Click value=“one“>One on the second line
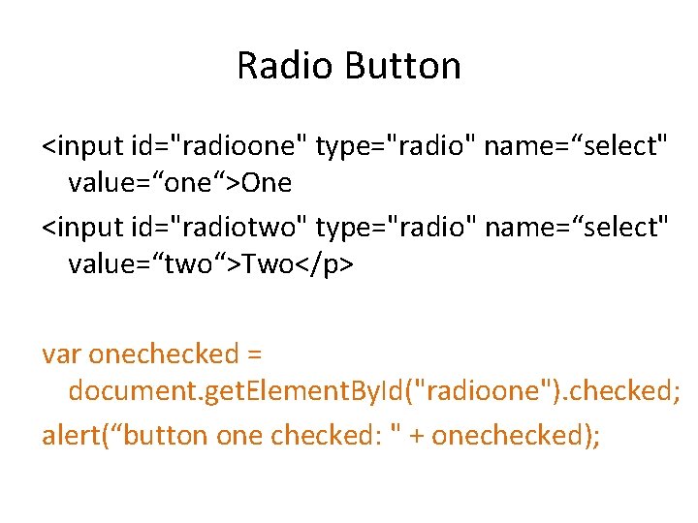(x=179, y=181)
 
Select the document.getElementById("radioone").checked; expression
(x=374, y=390)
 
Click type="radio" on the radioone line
(x=396, y=146)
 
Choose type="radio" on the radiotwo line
(x=396, y=227)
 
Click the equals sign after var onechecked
(x=256, y=354)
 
